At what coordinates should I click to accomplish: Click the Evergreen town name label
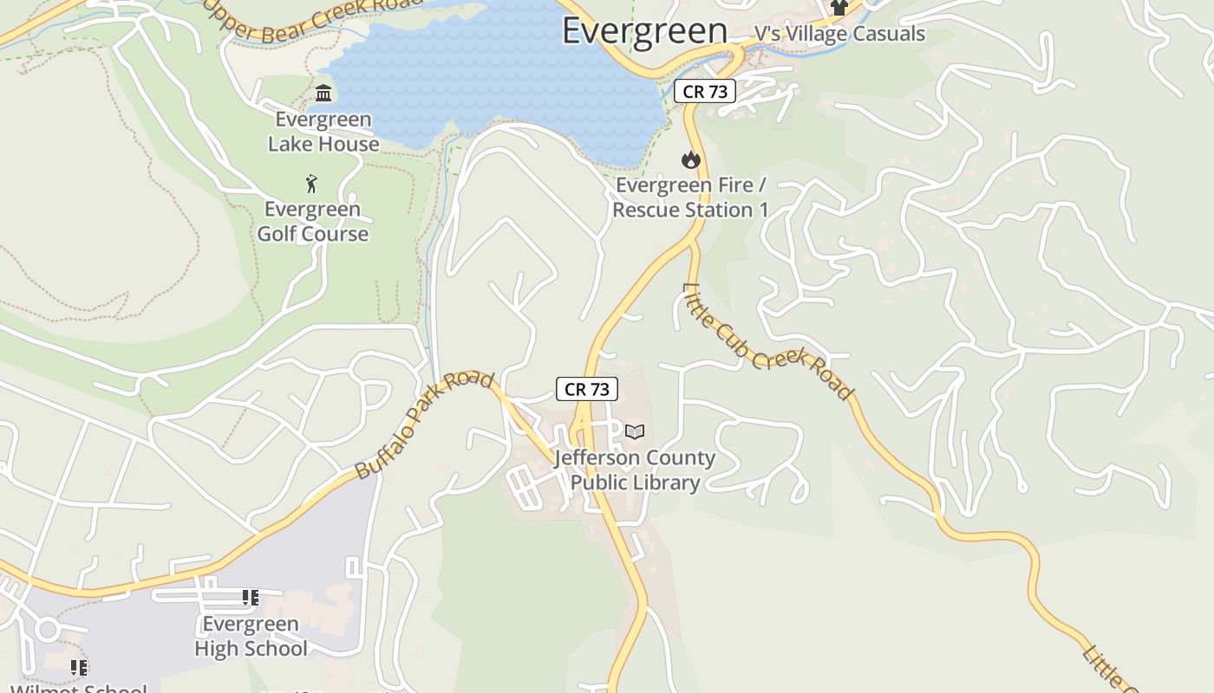(x=644, y=30)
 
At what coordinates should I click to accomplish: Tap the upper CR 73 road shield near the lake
(x=704, y=91)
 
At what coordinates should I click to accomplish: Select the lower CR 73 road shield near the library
(x=587, y=389)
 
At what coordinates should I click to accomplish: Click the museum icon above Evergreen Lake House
(x=323, y=93)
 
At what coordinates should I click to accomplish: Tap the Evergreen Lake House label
(x=323, y=132)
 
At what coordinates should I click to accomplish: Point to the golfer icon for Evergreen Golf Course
(x=312, y=184)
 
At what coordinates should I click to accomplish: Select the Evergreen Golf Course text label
(x=312, y=222)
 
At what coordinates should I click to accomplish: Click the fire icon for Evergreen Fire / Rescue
(x=690, y=159)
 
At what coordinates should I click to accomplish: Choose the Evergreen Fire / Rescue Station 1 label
(x=690, y=198)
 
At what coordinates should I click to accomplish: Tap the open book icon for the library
(x=635, y=431)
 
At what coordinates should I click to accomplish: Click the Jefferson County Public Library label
(x=635, y=470)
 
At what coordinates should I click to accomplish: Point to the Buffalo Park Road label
(x=425, y=425)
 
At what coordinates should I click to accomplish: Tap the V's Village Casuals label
(x=839, y=34)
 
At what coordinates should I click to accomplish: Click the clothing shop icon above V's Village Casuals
(x=838, y=8)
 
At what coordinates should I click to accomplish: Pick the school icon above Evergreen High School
(x=251, y=597)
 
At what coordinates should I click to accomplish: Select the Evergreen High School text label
(x=251, y=636)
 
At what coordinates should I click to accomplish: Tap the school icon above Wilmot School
(x=79, y=667)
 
